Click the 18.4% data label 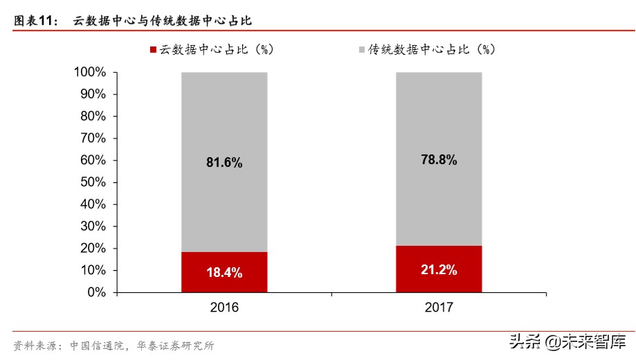pyautogui.click(x=224, y=273)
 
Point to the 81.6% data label pyautogui.click(x=224, y=163)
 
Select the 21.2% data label pyautogui.click(x=439, y=270)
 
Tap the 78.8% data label pyautogui.click(x=439, y=160)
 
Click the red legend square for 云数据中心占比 pyautogui.click(x=154, y=50)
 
